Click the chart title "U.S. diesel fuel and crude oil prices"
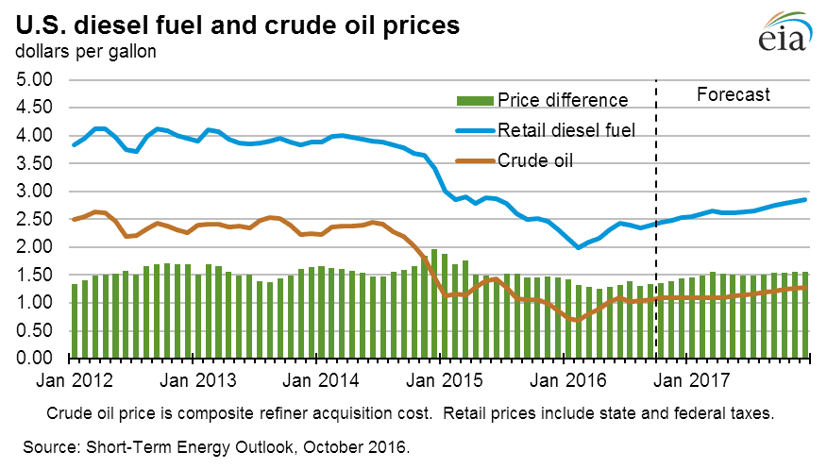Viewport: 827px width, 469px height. (236, 25)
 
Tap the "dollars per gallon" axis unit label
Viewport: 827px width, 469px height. (84, 52)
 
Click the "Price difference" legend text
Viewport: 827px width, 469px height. (563, 100)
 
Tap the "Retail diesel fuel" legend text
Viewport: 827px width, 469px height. (572, 130)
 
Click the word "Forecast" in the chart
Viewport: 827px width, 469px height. (733, 94)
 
